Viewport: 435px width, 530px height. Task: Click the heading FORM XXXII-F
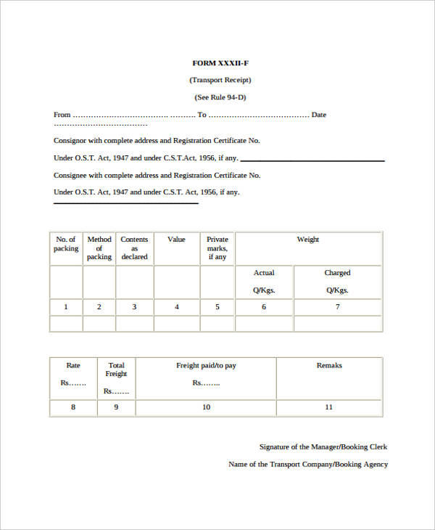coord(220,63)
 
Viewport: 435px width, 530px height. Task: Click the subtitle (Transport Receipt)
coord(220,80)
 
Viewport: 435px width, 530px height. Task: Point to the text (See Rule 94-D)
coord(220,97)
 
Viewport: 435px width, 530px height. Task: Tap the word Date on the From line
coord(319,115)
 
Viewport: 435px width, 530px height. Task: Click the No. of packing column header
coord(66,244)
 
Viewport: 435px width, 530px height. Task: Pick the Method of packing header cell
coord(99,248)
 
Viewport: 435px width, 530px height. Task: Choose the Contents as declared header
coord(134,248)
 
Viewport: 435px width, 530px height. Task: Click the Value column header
coord(176,240)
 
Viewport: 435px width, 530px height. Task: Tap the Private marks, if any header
coord(217,248)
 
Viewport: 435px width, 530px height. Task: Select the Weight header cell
coord(308,240)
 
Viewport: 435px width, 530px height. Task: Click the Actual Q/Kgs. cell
coord(264,282)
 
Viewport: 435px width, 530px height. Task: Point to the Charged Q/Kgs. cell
coord(337,282)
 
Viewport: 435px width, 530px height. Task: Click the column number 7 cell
coord(337,307)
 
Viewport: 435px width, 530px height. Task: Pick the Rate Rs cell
coord(73,374)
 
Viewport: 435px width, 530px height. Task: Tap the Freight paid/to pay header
coord(207,366)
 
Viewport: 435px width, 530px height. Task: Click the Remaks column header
coord(329,366)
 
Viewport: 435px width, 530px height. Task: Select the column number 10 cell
coord(207,407)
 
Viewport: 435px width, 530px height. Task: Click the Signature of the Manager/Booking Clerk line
coord(323,447)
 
